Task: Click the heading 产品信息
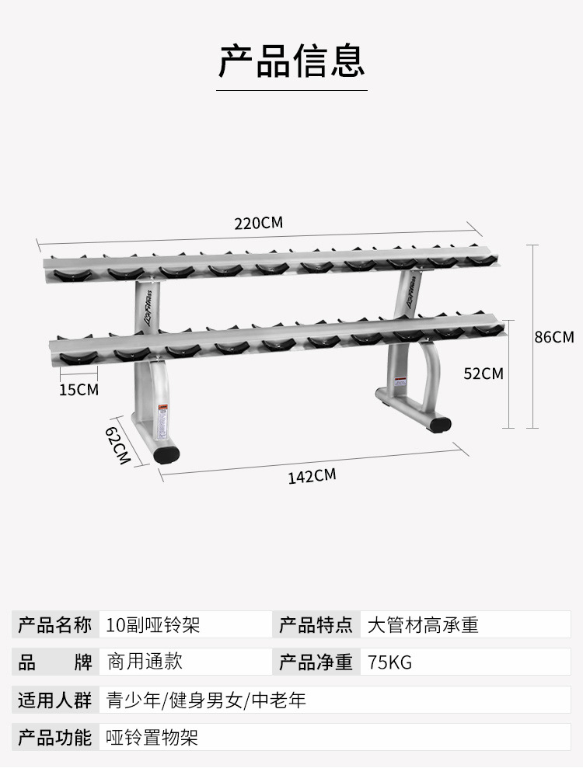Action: (291, 61)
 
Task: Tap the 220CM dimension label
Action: (259, 224)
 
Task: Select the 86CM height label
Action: (553, 337)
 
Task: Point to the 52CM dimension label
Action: (484, 374)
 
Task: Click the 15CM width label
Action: (79, 389)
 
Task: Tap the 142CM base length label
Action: (312, 475)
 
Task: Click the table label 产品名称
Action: (55, 625)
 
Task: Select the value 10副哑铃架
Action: (153, 625)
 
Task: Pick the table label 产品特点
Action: (316, 625)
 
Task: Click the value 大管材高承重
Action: (423, 625)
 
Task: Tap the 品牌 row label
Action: (55, 662)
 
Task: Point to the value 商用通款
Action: (145, 662)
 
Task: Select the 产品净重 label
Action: (316, 662)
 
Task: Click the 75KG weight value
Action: (390, 662)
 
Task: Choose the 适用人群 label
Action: (55, 700)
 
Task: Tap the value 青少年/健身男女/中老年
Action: (206, 700)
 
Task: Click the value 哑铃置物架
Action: (152, 736)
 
